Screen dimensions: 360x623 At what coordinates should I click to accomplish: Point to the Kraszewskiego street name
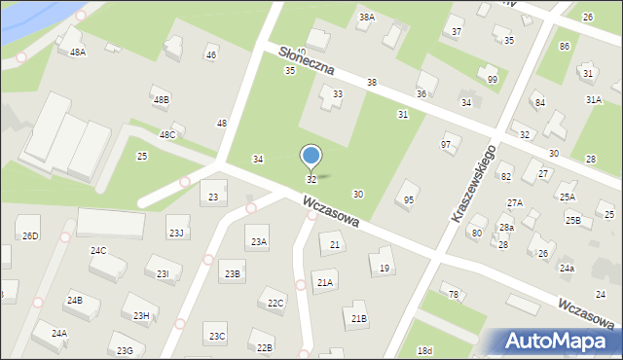click(473, 183)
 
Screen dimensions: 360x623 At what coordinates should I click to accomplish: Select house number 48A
click(78, 52)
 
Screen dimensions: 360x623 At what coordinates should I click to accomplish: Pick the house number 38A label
click(366, 17)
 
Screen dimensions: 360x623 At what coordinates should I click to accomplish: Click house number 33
click(338, 94)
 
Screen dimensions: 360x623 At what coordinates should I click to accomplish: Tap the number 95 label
click(409, 199)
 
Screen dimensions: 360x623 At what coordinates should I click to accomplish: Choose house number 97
click(446, 144)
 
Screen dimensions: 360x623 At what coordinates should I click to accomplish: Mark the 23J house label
click(175, 233)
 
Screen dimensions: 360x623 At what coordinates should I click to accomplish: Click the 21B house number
click(359, 318)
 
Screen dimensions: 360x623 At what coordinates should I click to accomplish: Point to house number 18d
click(423, 350)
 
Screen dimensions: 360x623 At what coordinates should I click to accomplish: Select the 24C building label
click(98, 250)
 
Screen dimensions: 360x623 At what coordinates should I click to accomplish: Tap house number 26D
click(30, 235)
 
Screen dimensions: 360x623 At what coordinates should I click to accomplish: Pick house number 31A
click(594, 99)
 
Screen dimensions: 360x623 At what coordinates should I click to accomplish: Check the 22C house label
click(275, 304)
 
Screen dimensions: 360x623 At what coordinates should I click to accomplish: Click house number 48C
click(167, 134)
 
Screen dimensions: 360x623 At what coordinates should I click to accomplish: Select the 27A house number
click(514, 202)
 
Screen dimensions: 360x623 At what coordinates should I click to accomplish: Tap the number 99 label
click(493, 79)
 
